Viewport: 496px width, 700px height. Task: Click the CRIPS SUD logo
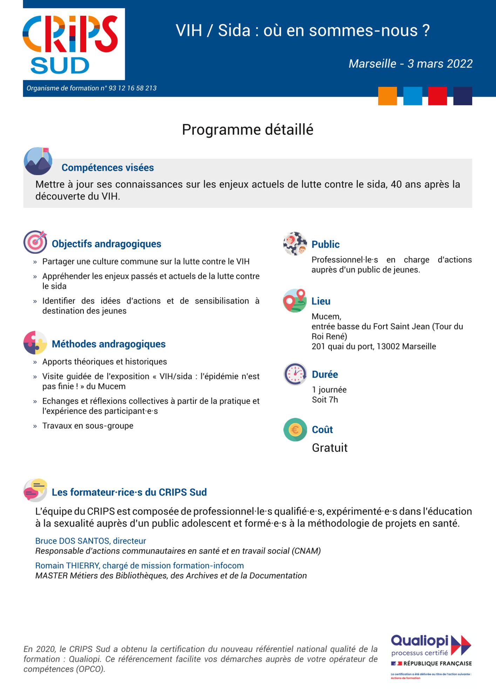[x=74, y=44]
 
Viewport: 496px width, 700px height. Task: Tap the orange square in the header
[x=387, y=96]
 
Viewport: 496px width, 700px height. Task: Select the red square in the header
[x=437, y=96]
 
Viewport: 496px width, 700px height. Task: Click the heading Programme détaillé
[x=247, y=130]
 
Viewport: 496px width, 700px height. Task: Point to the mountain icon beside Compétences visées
[x=38, y=161]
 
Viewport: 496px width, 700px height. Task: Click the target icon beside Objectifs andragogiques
[x=35, y=242]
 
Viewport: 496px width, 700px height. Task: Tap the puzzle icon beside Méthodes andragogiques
[x=35, y=343]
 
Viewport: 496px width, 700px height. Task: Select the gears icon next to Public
[x=295, y=243]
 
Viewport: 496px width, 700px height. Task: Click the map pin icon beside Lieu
[x=294, y=301]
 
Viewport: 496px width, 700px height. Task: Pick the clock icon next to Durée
[x=295, y=374]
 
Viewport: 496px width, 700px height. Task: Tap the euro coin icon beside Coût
[x=295, y=429]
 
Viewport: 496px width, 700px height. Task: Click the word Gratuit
[x=329, y=448]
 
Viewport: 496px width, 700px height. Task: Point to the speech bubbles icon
[x=35, y=490]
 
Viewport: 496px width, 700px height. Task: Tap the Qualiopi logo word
[x=420, y=641]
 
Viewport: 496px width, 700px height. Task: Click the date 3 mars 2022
[x=440, y=64]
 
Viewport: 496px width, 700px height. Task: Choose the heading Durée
[x=325, y=374]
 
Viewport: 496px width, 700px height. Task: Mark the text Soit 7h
[x=325, y=400]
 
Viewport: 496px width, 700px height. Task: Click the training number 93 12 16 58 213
[x=133, y=88]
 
